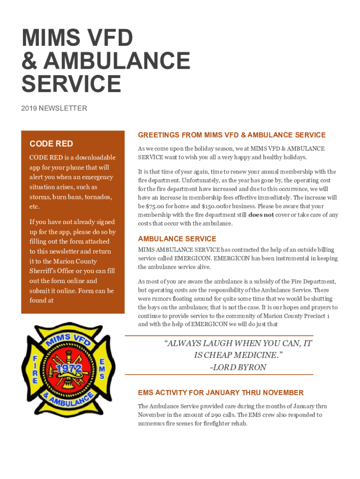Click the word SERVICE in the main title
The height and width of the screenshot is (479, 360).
point(71,84)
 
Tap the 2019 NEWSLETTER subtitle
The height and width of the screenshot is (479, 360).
point(54,109)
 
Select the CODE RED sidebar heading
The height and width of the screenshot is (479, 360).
point(51,143)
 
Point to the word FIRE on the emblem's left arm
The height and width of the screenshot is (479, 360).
point(35,370)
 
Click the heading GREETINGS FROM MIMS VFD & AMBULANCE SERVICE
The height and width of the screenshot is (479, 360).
point(231,135)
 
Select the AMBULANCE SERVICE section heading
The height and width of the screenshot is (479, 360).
point(177,239)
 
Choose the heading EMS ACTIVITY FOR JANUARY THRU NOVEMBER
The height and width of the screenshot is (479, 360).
point(221,392)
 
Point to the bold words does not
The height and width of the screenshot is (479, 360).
point(261,215)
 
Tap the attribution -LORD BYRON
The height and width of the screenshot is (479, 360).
point(238,367)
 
